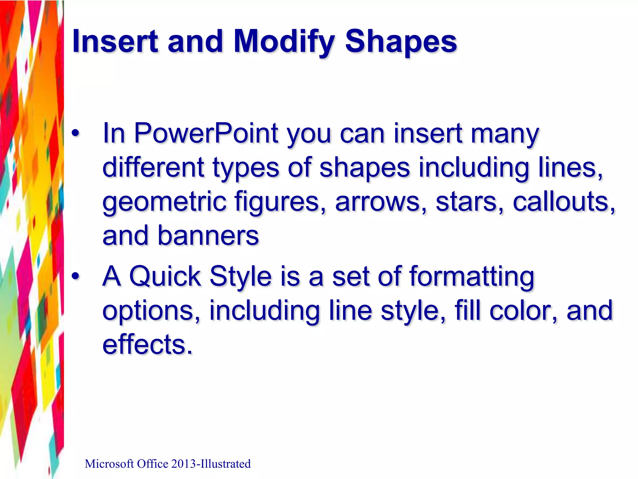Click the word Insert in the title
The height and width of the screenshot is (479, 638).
[x=115, y=41]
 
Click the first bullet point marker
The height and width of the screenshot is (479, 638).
[x=75, y=134]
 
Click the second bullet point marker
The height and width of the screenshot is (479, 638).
[x=75, y=276]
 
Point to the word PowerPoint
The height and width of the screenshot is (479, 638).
[x=206, y=133]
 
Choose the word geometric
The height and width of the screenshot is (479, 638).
[x=164, y=202]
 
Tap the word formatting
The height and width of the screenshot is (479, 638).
[x=472, y=277]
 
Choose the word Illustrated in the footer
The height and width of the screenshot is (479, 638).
[x=225, y=464]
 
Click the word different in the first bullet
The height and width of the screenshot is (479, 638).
[x=153, y=167]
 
